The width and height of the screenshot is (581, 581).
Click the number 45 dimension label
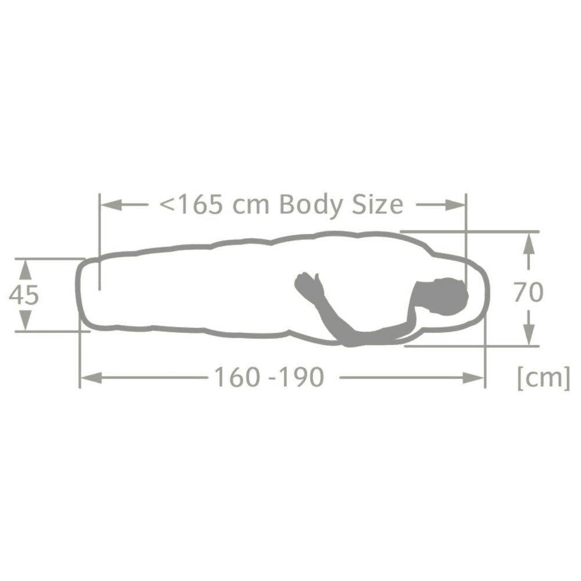coord(24,295)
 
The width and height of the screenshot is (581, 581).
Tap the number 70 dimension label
coord(529,292)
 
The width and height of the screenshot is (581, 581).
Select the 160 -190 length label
coord(270,377)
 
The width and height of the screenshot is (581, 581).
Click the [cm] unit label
coord(544,377)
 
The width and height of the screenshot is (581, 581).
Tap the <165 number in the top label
coord(191,205)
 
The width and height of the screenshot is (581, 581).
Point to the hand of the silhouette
coord(307,284)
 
